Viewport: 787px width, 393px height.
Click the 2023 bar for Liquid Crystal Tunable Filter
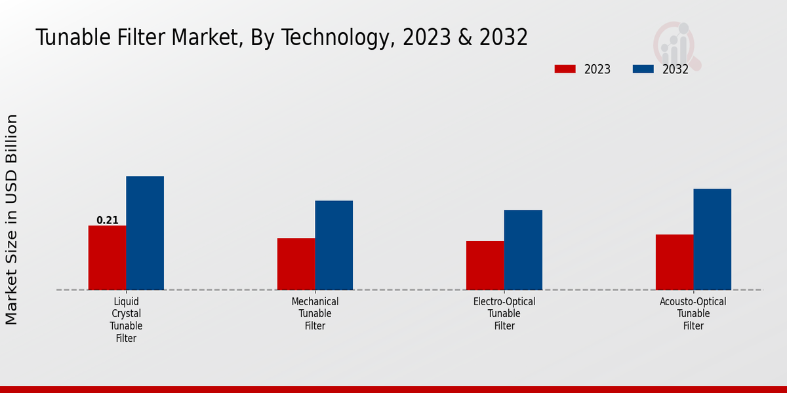(107, 257)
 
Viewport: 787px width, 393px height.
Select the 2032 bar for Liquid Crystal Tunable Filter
(145, 233)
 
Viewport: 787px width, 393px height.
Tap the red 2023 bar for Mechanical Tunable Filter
(296, 264)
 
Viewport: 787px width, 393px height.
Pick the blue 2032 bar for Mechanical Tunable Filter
(334, 245)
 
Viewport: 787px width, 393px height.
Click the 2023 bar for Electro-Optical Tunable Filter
(485, 265)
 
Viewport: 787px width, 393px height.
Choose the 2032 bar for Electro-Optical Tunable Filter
(523, 250)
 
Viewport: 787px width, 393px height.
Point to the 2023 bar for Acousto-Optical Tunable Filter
(674, 262)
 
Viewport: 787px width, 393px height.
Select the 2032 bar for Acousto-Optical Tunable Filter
(712, 239)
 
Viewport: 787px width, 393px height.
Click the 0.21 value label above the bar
(108, 220)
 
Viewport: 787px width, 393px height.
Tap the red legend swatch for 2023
(565, 69)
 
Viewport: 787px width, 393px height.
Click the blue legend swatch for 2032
(643, 69)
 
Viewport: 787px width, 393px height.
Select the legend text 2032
(676, 69)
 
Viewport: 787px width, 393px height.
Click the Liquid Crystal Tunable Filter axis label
(126, 320)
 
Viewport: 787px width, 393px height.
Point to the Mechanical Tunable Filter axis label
(315, 314)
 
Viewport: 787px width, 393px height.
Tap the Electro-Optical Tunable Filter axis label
(504, 314)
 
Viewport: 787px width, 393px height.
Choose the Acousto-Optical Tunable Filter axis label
(693, 314)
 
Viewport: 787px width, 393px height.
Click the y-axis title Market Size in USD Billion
(12, 219)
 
